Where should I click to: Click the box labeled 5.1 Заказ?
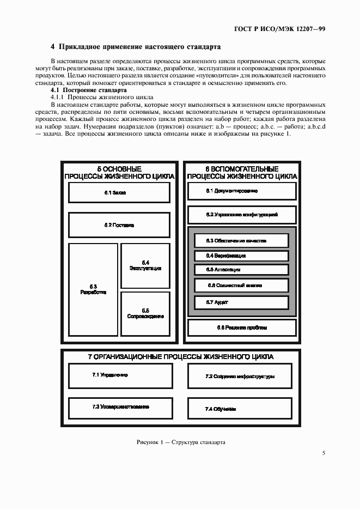[118, 192]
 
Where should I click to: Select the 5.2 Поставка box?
[118, 224]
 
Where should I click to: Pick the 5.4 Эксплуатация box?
[146, 265]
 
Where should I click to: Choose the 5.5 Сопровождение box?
[146, 313]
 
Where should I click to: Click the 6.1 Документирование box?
[242, 191]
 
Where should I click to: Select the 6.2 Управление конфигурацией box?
[242, 215]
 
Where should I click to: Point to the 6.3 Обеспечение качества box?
[241, 240]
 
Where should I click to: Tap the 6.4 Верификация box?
[241, 255]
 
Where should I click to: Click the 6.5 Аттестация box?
[241, 270]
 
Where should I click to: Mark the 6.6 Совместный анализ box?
[241, 285]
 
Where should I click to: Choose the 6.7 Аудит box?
[241, 302]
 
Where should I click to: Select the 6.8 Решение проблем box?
[242, 327]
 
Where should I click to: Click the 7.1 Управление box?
[118, 375]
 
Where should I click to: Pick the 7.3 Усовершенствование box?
[118, 407]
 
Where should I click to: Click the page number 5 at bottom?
[324, 453]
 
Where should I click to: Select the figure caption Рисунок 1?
[180, 442]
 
